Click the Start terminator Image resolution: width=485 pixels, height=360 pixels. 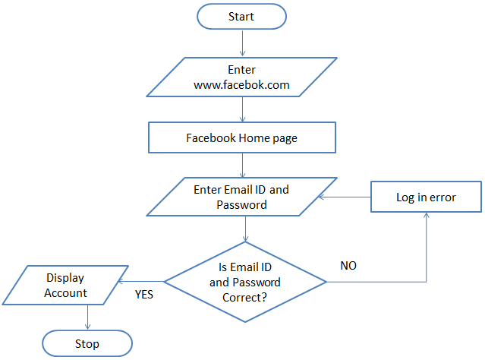pos(241,15)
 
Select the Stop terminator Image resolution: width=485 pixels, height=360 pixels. pos(87,343)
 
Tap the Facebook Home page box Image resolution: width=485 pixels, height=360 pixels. pos(241,138)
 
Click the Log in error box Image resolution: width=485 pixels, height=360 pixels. pos(426,197)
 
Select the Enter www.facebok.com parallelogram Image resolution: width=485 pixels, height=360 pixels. pos(241,77)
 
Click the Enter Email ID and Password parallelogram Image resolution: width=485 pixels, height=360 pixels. pos(241,197)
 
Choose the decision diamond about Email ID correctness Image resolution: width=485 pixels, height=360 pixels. pos(245,282)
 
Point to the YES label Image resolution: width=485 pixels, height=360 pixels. pos(143,295)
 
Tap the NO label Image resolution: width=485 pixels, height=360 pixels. pos(348,266)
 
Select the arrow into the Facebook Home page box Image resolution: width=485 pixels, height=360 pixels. pos(241,110)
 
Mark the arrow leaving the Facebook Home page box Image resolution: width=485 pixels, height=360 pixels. pos(241,164)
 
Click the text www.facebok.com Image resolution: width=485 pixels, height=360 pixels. pos(241,85)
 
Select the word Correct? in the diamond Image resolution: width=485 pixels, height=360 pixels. pos(244,295)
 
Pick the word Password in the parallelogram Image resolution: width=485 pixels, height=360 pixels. pos(241,204)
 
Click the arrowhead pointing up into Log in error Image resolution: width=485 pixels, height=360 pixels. pos(426,217)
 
